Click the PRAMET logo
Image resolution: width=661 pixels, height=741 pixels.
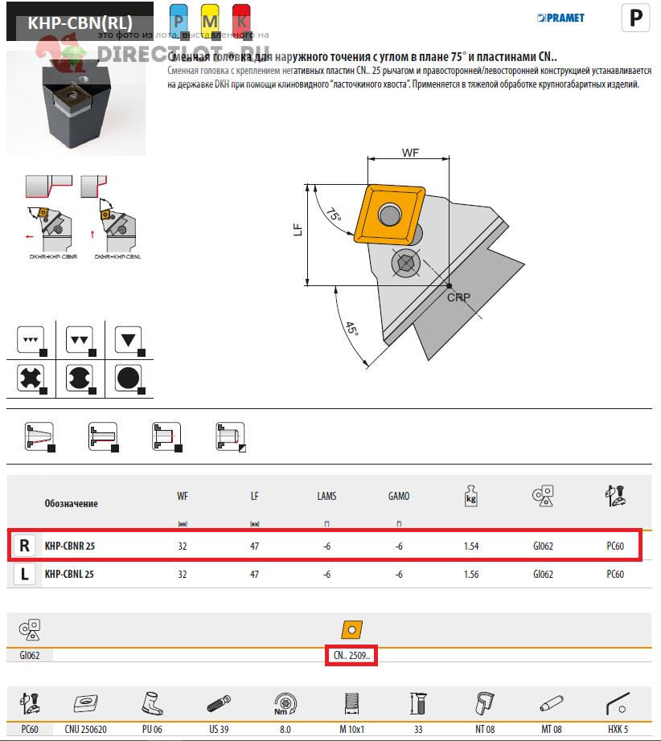(561, 18)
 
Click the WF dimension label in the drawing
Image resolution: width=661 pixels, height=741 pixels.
(411, 152)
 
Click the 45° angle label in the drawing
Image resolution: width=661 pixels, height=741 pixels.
(351, 330)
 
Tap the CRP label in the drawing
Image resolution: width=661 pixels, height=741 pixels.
(458, 297)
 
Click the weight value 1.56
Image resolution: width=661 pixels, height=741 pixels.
(471, 575)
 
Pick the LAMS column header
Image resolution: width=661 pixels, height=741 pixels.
(326, 497)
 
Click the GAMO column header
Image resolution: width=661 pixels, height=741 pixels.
(399, 497)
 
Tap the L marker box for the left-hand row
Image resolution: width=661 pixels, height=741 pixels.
(25, 575)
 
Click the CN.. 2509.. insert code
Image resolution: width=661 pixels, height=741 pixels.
(351, 656)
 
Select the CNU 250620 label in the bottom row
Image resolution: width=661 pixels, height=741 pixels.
(86, 729)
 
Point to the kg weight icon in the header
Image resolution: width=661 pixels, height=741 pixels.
(471, 496)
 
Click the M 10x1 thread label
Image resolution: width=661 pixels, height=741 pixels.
(351, 729)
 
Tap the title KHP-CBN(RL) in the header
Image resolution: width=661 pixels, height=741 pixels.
(80, 23)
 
